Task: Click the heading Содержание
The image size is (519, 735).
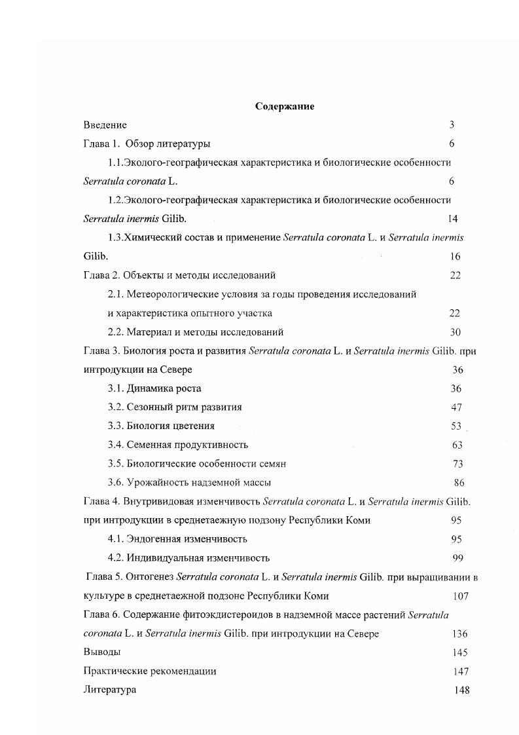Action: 284,106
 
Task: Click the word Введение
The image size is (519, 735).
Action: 105,124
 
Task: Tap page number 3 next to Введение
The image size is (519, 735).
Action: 452,124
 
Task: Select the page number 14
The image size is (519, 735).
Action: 452,219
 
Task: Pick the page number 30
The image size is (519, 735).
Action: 456,332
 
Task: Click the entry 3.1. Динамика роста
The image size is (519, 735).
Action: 154,388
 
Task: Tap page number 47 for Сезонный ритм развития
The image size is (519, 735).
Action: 456,407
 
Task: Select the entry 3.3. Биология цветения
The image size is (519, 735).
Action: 161,426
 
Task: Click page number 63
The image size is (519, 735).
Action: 457,445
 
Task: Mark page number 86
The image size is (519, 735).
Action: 459,483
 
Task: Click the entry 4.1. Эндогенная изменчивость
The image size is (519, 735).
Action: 177,539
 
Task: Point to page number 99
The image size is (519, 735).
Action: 458,558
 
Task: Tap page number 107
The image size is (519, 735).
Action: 461,596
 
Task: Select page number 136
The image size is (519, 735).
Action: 459,634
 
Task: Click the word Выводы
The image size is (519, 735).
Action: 102,652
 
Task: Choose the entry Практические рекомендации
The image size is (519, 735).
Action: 150,671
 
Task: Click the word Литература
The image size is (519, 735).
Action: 110,690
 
